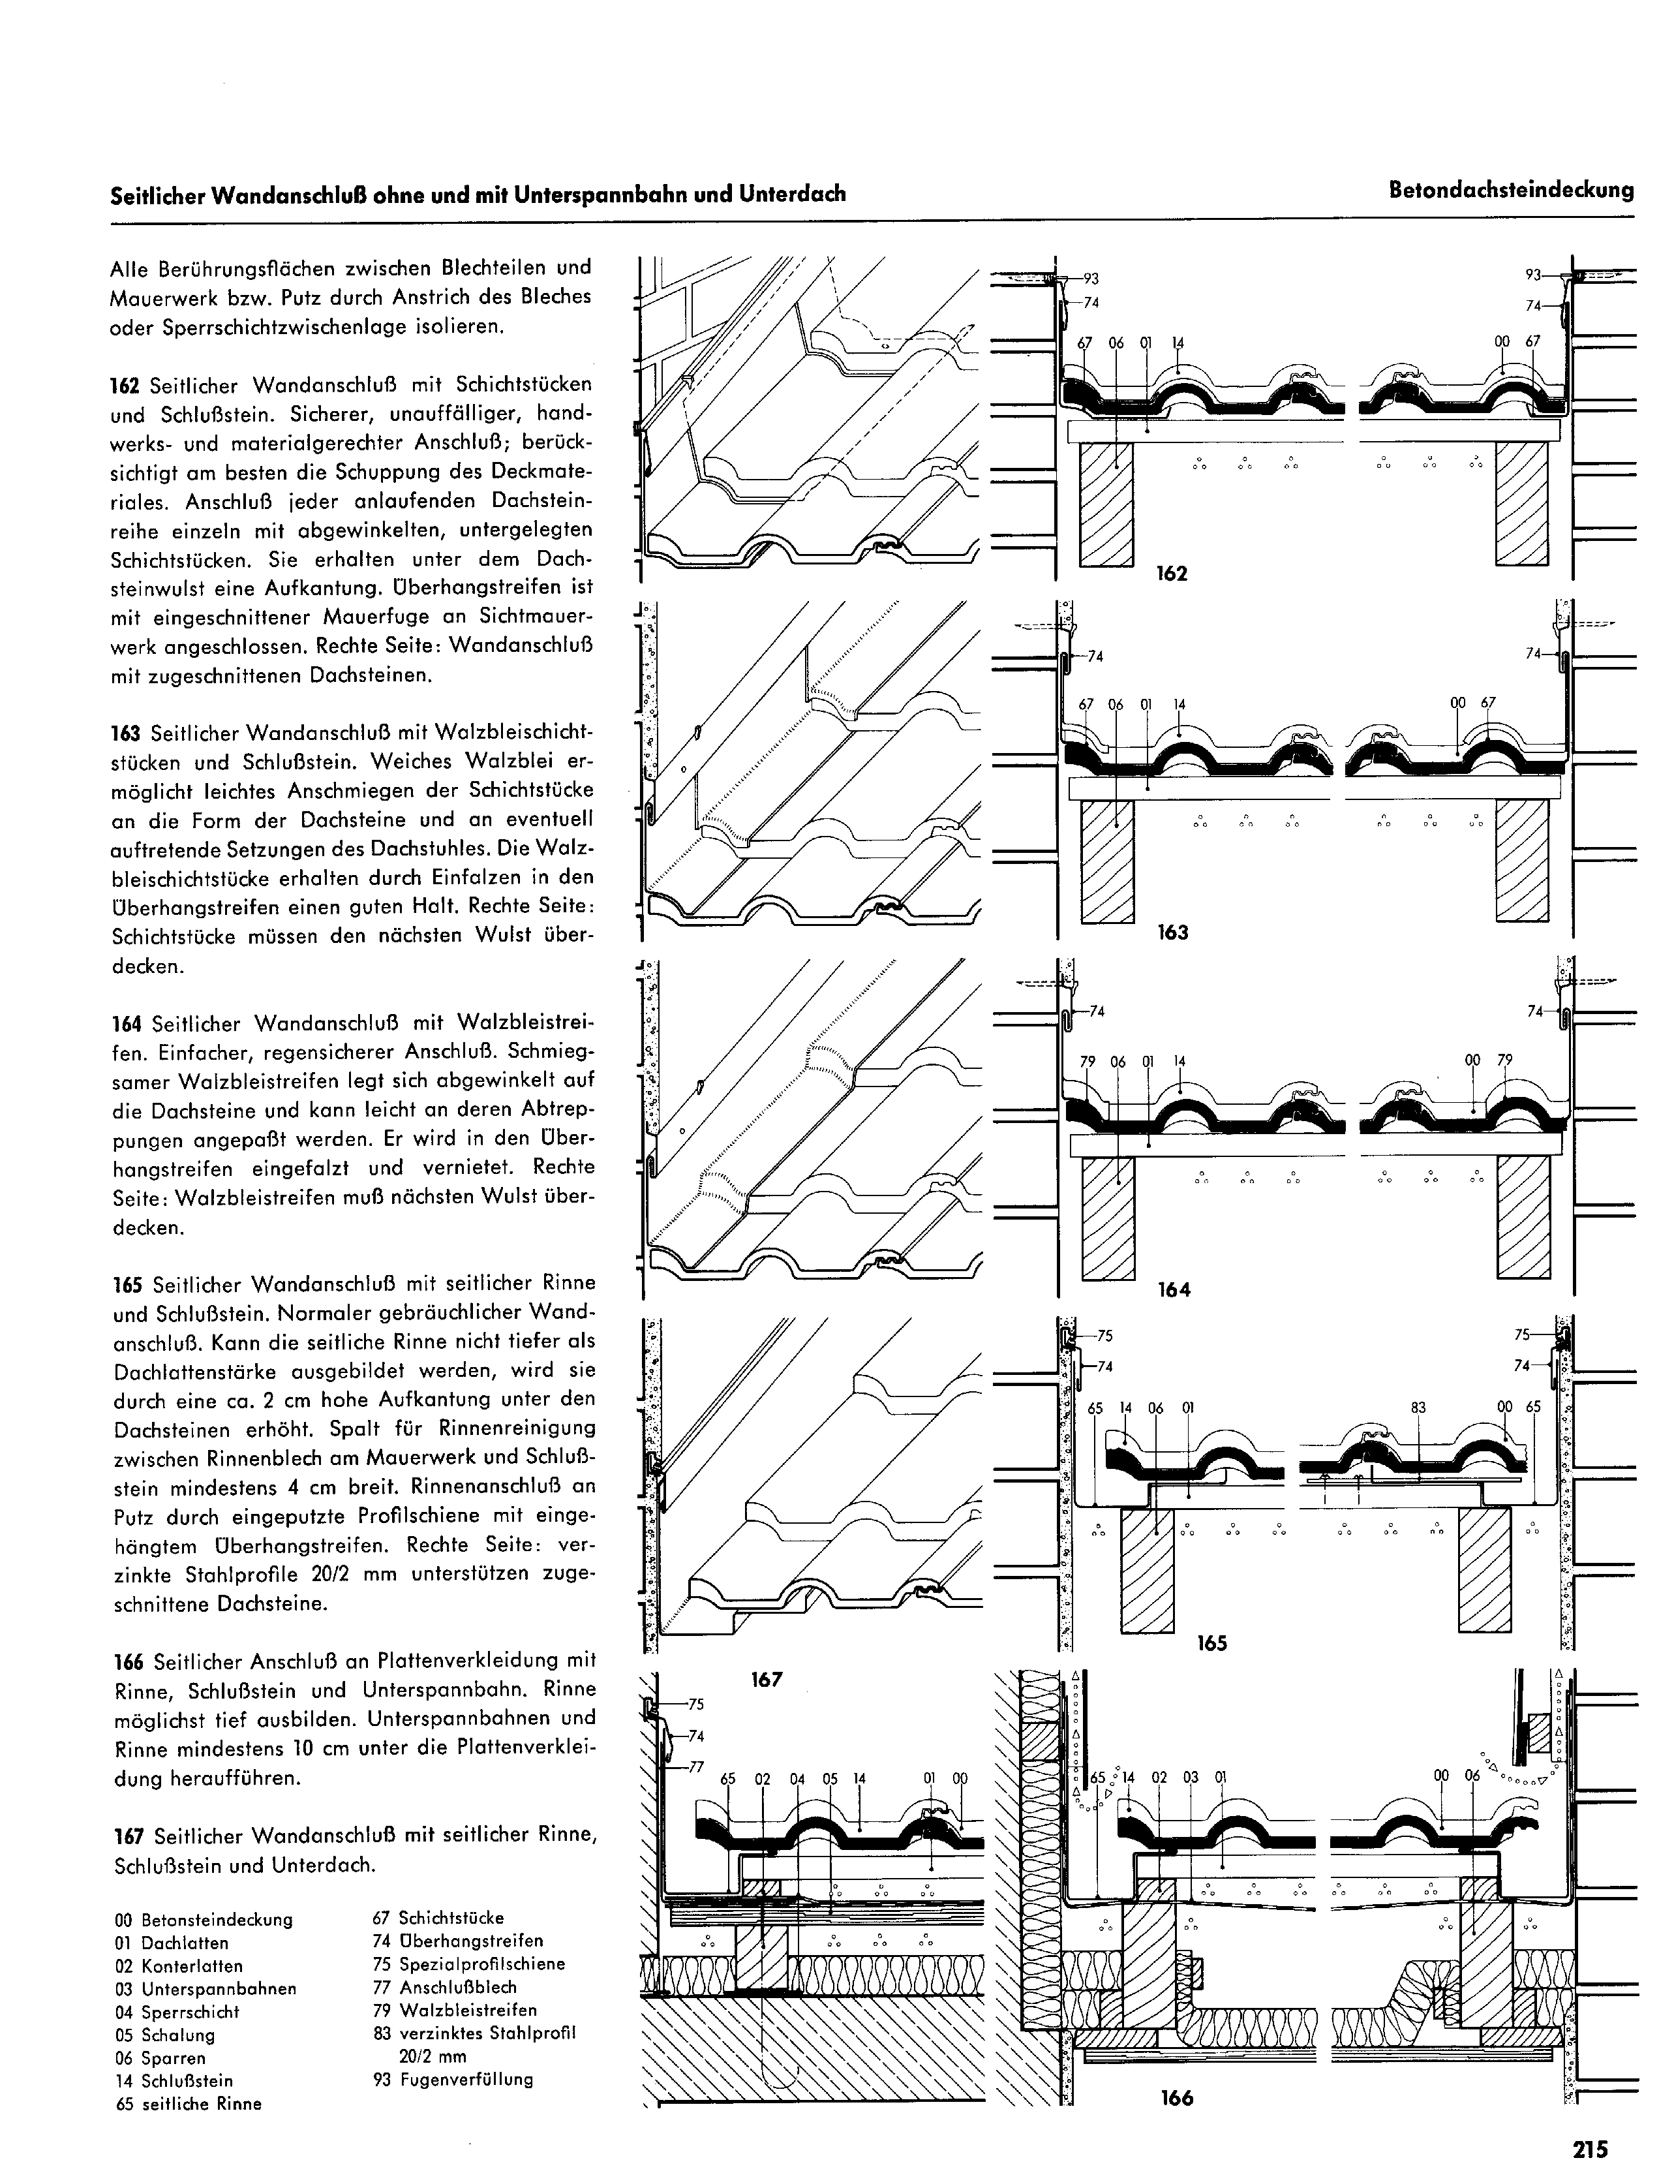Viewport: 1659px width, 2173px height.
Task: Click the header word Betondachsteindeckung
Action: [x=1511, y=191]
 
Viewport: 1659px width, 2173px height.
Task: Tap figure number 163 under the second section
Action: [x=1172, y=931]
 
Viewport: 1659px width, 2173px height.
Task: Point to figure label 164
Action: [x=1173, y=1289]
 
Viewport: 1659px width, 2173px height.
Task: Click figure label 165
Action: [x=1211, y=1642]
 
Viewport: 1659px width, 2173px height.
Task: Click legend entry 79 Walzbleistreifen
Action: [x=454, y=2010]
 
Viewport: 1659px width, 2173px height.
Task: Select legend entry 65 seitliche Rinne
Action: [x=188, y=2104]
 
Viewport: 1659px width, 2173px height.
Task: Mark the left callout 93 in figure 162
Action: [x=1090, y=279]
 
